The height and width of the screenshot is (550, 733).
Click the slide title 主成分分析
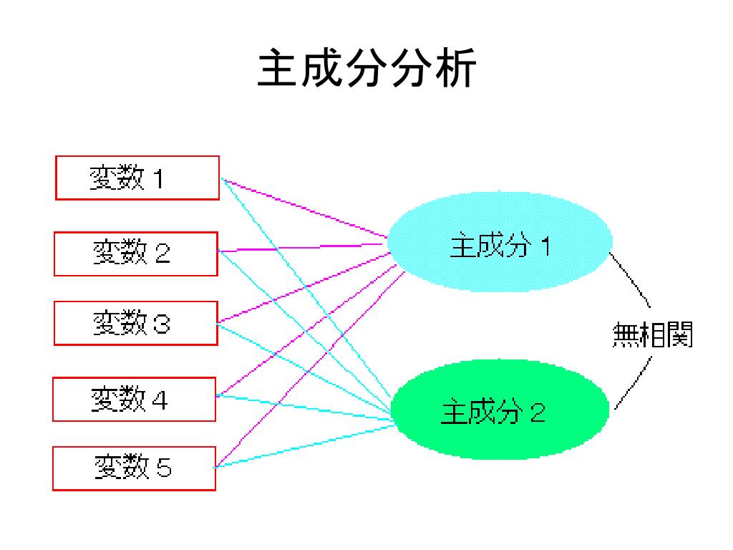tap(366, 69)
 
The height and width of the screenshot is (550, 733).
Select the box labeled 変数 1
tap(137, 178)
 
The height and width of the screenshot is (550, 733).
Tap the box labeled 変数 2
tap(136, 254)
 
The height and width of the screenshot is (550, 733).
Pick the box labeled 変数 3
tap(136, 323)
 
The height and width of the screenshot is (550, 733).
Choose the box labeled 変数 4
tap(135, 399)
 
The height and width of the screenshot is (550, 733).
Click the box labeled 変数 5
tap(135, 468)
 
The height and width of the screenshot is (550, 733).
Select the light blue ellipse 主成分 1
tap(500, 242)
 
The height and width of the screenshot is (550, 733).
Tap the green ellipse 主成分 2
tap(500, 410)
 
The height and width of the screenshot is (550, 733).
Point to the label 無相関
tap(653, 334)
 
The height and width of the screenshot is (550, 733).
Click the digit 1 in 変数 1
tap(157, 178)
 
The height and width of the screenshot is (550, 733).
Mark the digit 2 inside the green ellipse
tap(537, 412)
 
